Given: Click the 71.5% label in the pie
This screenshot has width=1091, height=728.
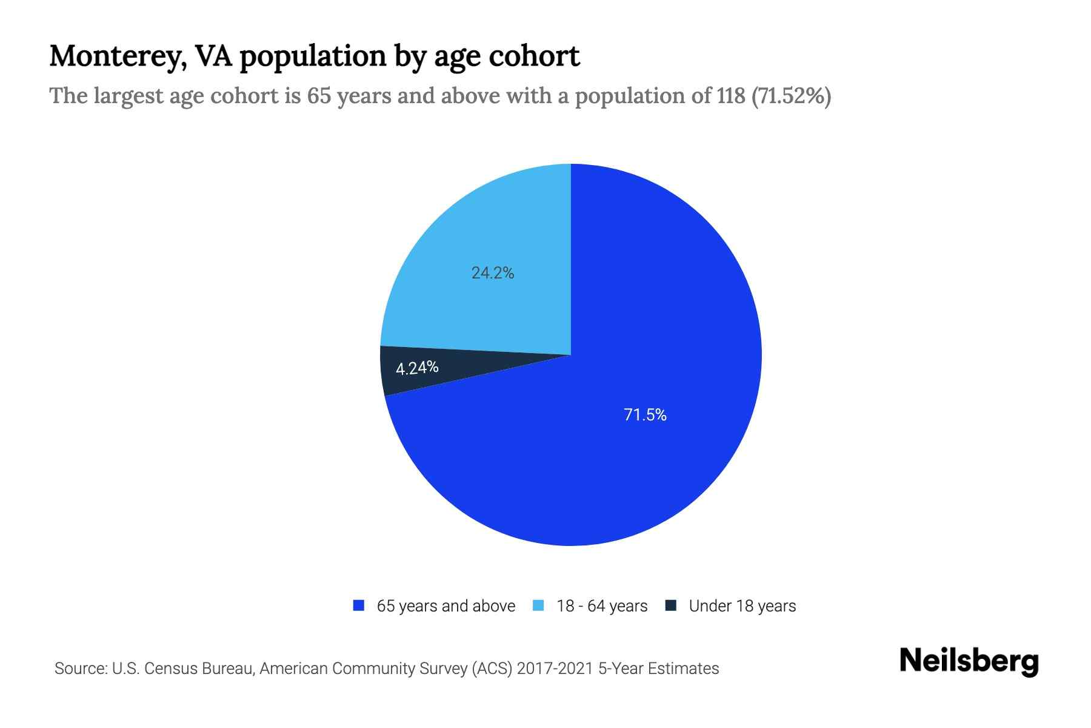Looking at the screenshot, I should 645,415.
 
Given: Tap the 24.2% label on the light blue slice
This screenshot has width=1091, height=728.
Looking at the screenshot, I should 493,273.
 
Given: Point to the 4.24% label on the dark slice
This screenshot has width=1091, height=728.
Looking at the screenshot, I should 417,368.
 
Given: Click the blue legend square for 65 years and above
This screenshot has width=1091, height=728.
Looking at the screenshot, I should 359,605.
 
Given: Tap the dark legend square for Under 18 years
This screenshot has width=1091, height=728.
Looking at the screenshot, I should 670,605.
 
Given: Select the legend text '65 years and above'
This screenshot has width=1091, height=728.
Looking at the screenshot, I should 445,606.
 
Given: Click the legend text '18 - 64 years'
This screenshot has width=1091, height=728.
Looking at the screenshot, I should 602,606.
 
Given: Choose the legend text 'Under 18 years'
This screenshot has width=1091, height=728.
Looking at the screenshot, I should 742,606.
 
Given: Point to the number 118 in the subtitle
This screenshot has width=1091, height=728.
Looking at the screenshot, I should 730,96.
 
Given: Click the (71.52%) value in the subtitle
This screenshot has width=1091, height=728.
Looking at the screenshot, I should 791,96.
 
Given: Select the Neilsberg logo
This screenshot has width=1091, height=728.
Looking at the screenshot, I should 969,661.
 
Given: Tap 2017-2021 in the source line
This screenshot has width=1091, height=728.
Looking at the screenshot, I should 555,669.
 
